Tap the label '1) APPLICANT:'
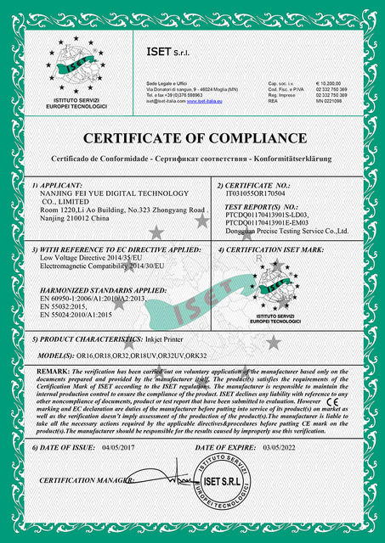(58, 184)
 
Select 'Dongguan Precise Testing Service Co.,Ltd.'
(288, 230)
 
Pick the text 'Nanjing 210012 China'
(75, 218)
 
